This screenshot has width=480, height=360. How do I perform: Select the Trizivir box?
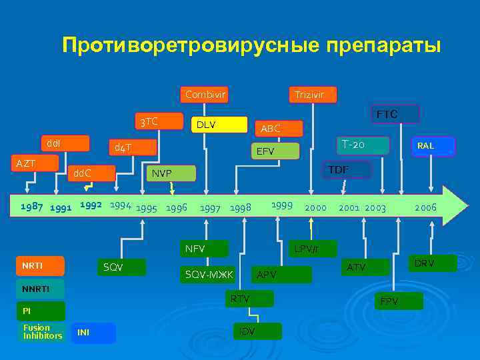311,95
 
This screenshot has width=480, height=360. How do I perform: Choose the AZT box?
32,163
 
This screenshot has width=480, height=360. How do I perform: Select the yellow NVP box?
171,173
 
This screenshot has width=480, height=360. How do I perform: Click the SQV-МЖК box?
209,275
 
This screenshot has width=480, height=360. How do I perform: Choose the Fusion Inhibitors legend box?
41,331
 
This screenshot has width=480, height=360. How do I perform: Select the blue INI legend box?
93,333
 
